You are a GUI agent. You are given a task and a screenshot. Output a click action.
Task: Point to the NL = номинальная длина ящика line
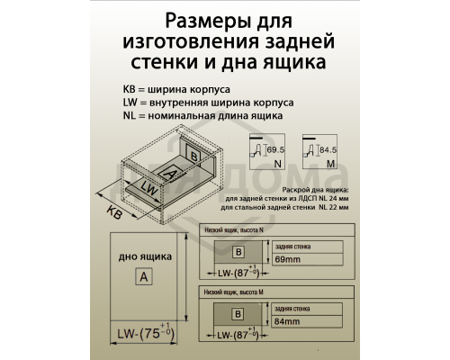click(x=203, y=116)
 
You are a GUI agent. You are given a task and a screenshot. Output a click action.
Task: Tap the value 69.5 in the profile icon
click(x=274, y=148)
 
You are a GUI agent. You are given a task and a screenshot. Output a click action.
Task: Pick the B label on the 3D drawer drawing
click(x=193, y=155)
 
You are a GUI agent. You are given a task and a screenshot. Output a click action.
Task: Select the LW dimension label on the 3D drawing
click(x=150, y=191)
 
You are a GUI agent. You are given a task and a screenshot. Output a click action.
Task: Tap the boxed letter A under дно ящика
click(x=142, y=276)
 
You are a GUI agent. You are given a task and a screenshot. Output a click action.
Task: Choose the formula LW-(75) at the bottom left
click(x=142, y=334)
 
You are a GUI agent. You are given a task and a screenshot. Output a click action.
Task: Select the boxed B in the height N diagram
click(x=238, y=252)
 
